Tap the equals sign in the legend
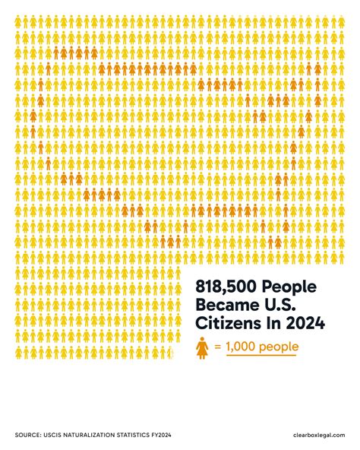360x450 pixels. point(217,347)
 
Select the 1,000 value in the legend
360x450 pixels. point(242,347)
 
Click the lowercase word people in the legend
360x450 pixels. point(279,348)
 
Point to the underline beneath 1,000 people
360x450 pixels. point(261,356)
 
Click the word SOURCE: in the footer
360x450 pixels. point(30,434)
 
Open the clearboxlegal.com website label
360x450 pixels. point(318,434)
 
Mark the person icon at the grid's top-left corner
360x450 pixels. point(19,23)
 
